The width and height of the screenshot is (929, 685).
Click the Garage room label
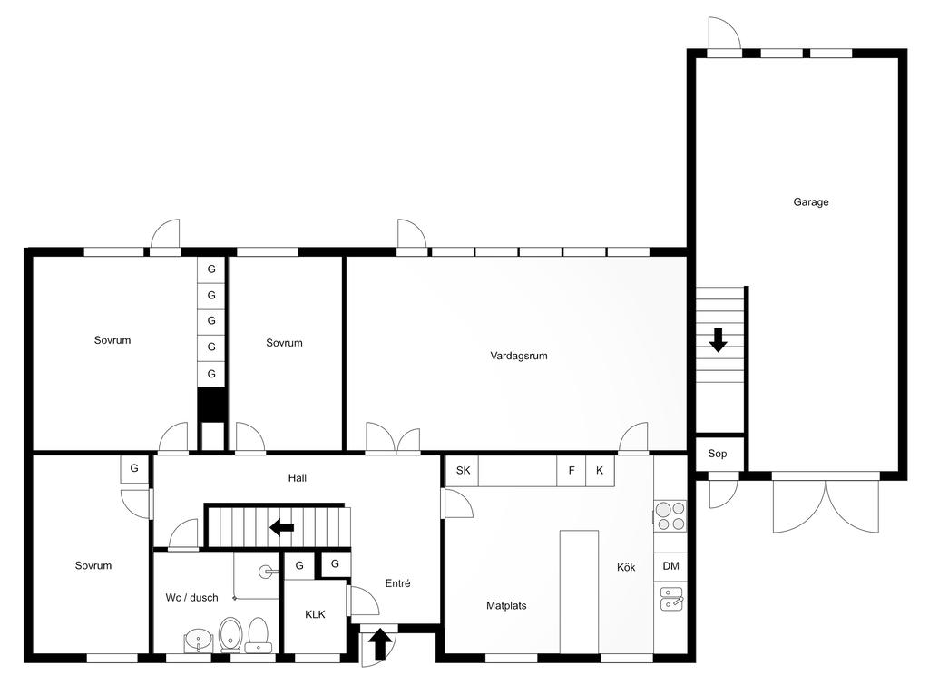pos(810,202)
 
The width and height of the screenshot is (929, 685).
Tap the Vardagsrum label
pos(518,357)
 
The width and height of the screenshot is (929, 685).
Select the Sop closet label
pos(717,454)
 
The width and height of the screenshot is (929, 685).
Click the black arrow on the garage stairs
pos(719,340)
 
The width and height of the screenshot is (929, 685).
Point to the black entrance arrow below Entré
pos(380,644)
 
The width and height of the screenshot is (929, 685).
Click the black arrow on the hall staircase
pos(282,526)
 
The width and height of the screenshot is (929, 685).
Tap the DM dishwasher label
pos(670,566)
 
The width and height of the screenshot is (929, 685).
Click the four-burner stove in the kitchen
pos(670,515)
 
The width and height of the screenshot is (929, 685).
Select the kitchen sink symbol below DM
pos(671,598)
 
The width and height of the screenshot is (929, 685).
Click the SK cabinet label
pos(463,471)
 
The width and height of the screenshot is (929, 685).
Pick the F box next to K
pos(572,471)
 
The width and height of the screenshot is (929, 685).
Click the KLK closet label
pos(315,614)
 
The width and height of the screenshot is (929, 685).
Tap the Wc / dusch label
pos(191,598)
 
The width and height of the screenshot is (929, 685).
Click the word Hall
pos(298,478)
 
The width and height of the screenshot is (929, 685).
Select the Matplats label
pos(506,605)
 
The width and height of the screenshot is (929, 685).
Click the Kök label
pos(626,568)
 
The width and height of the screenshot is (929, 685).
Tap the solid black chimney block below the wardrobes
pos(211,405)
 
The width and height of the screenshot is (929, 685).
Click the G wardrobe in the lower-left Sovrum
pos(134,469)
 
